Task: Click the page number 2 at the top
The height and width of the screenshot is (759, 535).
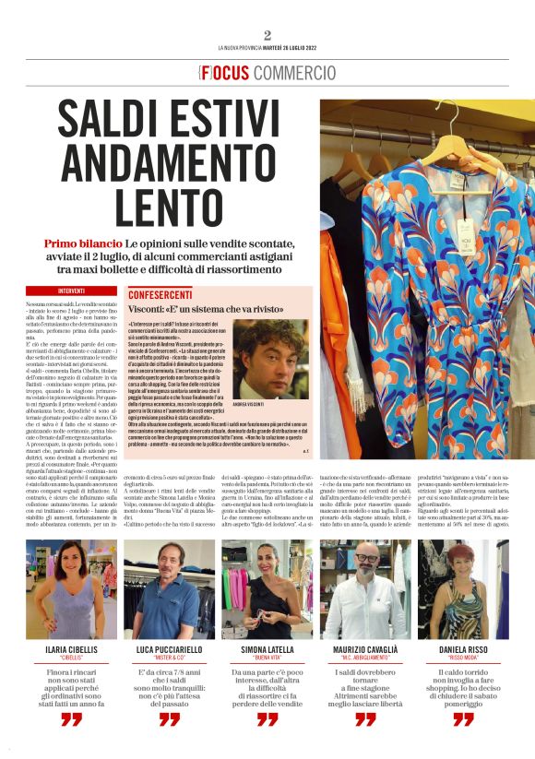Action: [x=267, y=34]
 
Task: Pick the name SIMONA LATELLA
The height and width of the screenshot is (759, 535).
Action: [x=267, y=649]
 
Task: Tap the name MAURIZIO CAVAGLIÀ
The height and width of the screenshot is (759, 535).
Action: [x=365, y=649]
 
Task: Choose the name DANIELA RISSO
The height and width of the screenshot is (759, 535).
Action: [x=463, y=649]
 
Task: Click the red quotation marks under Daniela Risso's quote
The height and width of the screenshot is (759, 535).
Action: [x=463, y=719]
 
